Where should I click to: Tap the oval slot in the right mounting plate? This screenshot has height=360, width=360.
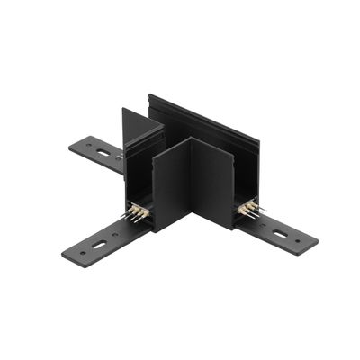[x=281, y=235]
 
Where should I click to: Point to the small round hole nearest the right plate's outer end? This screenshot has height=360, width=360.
[x=301, y=243]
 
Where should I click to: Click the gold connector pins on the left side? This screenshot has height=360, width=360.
[x=138, y=213]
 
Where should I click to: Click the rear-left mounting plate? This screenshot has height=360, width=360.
[x=99, y=153]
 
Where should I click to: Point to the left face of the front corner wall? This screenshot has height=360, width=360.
[x=172, y=184]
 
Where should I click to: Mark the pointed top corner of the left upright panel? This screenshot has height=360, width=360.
[x=124, y=110]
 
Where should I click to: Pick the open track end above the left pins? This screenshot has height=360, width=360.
[x=139, y=184]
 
